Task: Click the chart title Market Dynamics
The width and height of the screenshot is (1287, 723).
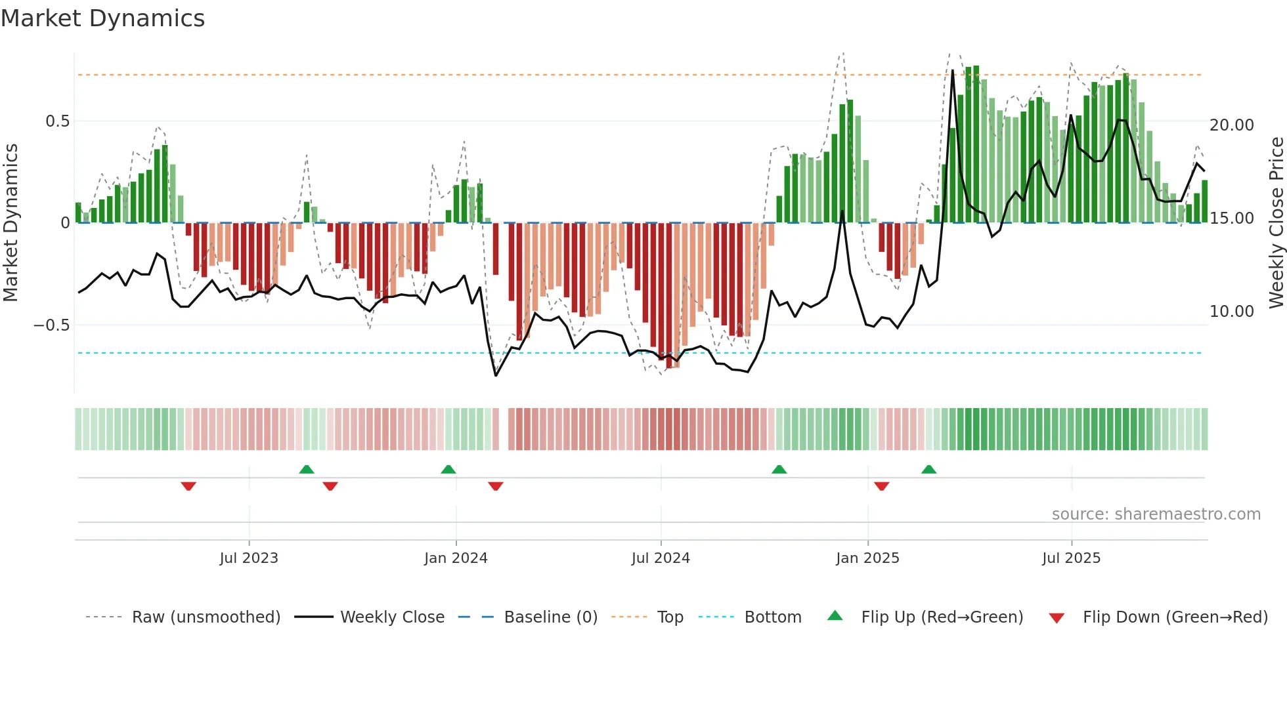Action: [102, 18]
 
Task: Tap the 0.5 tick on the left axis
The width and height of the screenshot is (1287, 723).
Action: [57, 121]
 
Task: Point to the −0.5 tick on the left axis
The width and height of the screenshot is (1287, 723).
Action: [51, 325]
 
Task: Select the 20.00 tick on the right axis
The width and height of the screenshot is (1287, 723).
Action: [1231, 125]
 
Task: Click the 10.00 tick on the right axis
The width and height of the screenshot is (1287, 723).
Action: [1231, 312]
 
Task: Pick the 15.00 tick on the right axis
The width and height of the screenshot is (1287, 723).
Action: [1231, 218]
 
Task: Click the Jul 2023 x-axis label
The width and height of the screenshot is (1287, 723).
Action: [249, 558]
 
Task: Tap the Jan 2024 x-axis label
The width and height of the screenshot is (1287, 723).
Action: [456, 558]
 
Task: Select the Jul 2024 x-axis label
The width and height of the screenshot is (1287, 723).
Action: [661, 558]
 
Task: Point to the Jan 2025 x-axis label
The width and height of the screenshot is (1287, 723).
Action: [867, 558]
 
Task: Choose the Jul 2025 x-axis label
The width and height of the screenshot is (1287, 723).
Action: [1071, 558]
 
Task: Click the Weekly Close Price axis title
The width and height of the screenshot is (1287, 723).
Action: [1276, 223]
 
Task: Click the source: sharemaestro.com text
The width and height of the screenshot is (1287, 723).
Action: [1156, 514]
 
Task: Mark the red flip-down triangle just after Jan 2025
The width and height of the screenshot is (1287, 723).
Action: [881, 486]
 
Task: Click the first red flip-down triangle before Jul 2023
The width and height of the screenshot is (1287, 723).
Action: [188, 486]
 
